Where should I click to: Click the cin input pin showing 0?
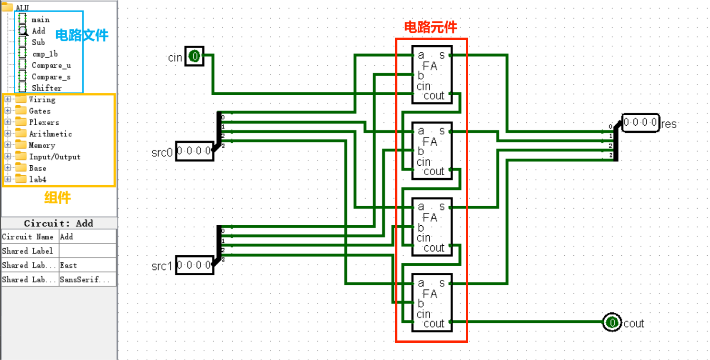[x=195, y=57]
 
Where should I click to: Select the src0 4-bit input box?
[x=194, y=151]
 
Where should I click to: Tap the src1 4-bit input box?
[x=194, y=265]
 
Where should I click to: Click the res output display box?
[x=641, y=123]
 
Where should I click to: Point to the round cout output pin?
[x=612, y=323]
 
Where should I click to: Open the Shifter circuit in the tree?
[x=46, y=88]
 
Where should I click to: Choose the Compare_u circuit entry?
[x=51, y=65]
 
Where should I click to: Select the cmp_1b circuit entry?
[x=44, y=54]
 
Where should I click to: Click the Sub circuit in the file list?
[x=38, y=42]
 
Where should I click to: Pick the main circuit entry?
[x=40, y=20]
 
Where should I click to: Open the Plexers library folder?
[x=44, y=122]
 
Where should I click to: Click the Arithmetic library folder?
[x=50, y=134]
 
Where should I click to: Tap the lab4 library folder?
[x=38, y=180]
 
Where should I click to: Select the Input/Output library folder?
[x=54, y=157]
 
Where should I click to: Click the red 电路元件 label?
[x=430, y=27]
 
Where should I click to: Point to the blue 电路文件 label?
[x=82, y=35]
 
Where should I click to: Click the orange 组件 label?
[x=58, y=198]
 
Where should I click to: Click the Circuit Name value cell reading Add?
[x=88, y=237]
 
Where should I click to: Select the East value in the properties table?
[x=88, y=265]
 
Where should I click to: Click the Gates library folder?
[x=39, y=111]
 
